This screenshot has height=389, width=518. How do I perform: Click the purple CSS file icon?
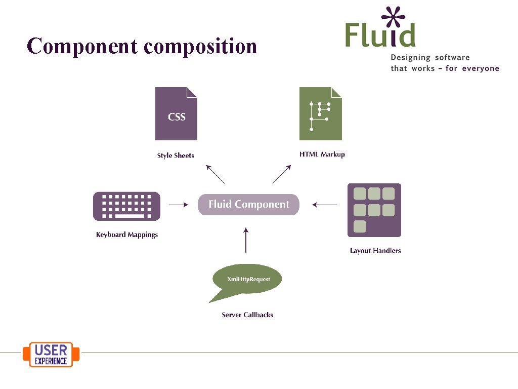pos(176,114)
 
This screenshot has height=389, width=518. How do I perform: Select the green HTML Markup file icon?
pos(320,114)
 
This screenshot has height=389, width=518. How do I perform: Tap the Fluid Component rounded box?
pos(248,205)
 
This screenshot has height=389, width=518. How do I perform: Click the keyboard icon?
pos(126,206)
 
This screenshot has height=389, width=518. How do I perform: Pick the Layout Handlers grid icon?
pos(374,210)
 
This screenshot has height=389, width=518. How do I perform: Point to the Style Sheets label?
pos(176,155)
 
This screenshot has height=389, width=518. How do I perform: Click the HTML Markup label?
pos(322,154)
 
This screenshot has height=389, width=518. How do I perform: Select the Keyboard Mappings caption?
pos(127,235)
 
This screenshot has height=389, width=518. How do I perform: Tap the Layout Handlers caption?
pos(375,250)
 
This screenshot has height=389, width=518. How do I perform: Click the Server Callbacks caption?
pos(247,315)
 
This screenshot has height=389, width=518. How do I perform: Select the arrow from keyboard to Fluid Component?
pos(178,205)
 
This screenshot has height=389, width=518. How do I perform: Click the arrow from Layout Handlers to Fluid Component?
pos(324,205)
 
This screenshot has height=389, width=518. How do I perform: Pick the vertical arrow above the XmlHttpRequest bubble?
pos(246,240)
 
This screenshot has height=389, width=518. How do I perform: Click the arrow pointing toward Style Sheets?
pos(215,174)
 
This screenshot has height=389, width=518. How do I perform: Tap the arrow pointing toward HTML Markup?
pos(282,174)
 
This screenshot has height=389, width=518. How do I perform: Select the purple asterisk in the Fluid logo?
pos(393,17)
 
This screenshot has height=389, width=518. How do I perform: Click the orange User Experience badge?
pos(51,355)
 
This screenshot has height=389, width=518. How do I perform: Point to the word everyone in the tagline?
pos(479,68)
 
